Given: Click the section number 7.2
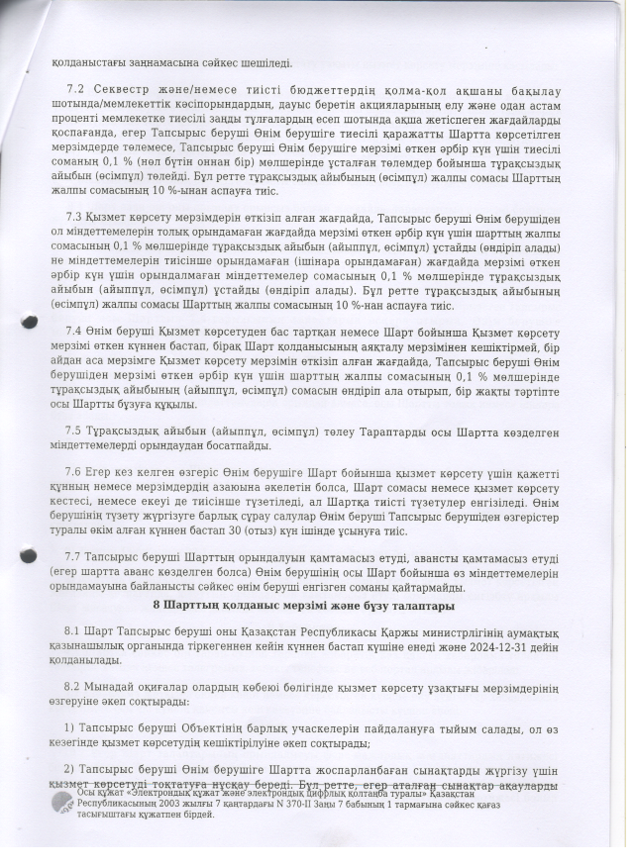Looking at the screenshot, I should click(x=73, y=90).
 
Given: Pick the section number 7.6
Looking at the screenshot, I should click(x=73, y=473).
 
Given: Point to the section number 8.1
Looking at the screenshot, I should click(x=73, y=630).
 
